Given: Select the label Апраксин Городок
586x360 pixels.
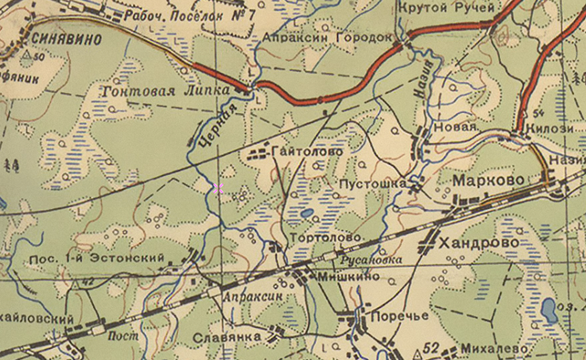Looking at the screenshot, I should (x=327, y=37).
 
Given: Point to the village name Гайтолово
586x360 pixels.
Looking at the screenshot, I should (x=307, y=152).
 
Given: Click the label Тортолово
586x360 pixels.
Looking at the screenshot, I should (x=326, y=237).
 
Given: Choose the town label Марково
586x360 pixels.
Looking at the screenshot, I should (x=488, y=180).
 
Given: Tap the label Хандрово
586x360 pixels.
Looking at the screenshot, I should (x=479, y=243).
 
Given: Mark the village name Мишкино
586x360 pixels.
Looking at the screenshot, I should (x=348, y=277).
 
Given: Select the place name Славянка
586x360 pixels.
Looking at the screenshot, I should (x=227, y=338).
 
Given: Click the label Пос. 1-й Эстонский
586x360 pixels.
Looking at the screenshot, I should (x=96, y=259).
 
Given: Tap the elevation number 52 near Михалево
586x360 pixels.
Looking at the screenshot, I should (x=431, y=348).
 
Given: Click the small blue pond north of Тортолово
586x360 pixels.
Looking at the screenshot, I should (x=307, y=213).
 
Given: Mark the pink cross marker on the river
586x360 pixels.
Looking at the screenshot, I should (x=218, y=189).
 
